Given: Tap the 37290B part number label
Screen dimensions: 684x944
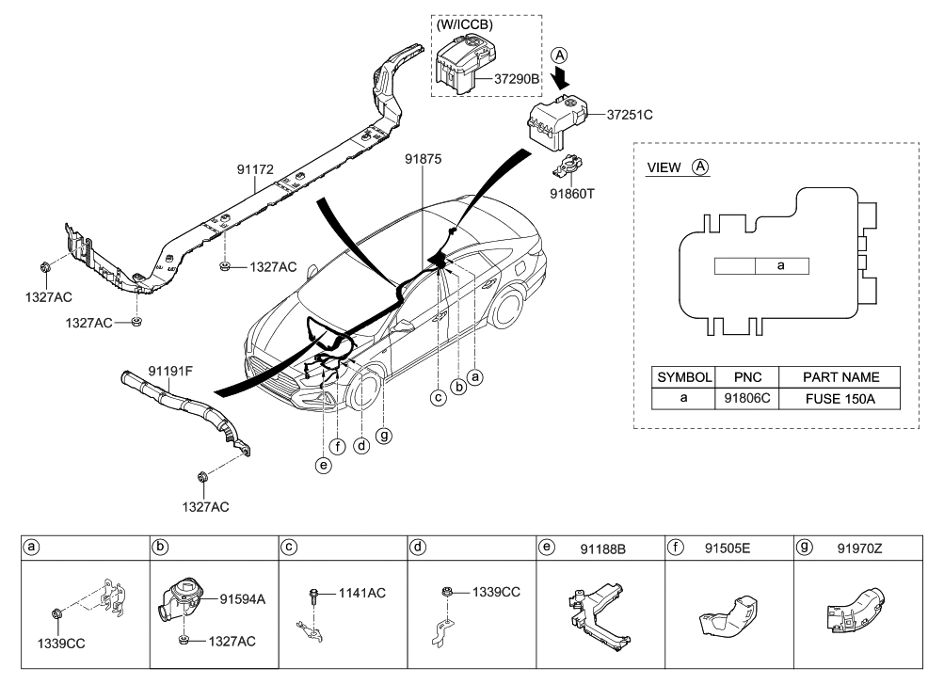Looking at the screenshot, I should (x=517, y=79).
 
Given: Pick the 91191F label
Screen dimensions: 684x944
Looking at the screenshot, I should (x=170, y=371).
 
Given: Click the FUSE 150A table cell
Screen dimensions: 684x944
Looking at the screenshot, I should (x=840, y=398).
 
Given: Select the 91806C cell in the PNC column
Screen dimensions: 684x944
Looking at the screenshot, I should (x=747, y=398).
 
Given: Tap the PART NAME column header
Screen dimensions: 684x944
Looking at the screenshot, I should (x=840, y=376).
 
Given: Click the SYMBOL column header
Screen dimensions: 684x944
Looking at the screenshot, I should (x=684, y=376).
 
